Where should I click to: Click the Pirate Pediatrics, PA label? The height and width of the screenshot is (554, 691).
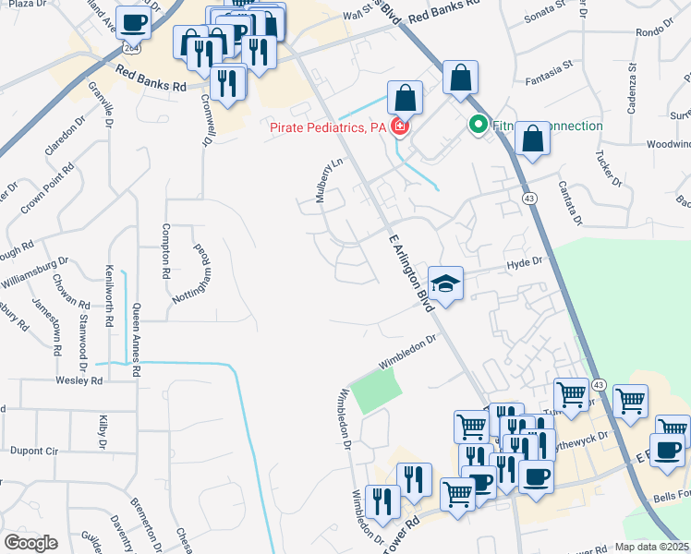click(327, 127)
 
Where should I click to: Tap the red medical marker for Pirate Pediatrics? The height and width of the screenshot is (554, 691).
click(400, 126)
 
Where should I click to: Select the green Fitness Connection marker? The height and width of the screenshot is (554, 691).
click(479, 125)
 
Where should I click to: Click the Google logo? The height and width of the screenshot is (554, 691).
click(30, 543)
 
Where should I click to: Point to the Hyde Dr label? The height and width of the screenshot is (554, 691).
click(523, 264)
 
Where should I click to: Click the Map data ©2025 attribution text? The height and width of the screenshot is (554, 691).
click(650, 547)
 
